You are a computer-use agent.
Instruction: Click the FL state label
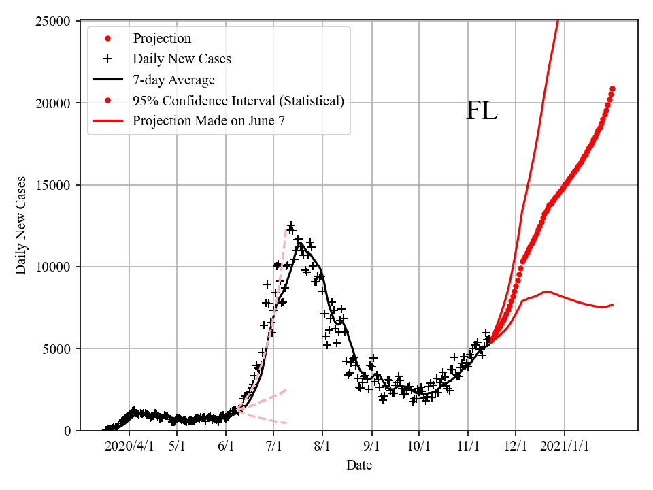[x=482, y=111]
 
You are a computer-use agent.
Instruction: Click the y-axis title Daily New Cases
[x=21, y=225]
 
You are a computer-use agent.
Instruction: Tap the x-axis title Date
[x=358, y=466]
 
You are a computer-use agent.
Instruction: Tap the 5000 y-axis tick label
[x=58, y=348]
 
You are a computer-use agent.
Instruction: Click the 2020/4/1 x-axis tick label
[x=129, y=446]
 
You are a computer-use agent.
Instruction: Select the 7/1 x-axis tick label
[x=273, y=446]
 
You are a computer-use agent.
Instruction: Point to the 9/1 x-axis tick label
[x=372, y=446]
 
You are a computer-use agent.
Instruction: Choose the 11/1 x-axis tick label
[x=468, y=446]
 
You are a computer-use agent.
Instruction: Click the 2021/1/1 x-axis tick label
[x=565, y=446]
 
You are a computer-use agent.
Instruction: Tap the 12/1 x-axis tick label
[x=516, y=446]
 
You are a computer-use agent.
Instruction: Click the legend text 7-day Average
[x=173, y=80]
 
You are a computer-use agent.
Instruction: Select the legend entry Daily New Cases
[x=182, y=59]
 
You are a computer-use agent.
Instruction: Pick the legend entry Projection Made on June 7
[x=209, y=122]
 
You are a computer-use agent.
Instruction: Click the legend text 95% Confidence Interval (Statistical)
[x=238, y=101]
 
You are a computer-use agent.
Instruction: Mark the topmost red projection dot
[x=612, y=88]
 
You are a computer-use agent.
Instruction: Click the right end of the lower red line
[x=613, y=304]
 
